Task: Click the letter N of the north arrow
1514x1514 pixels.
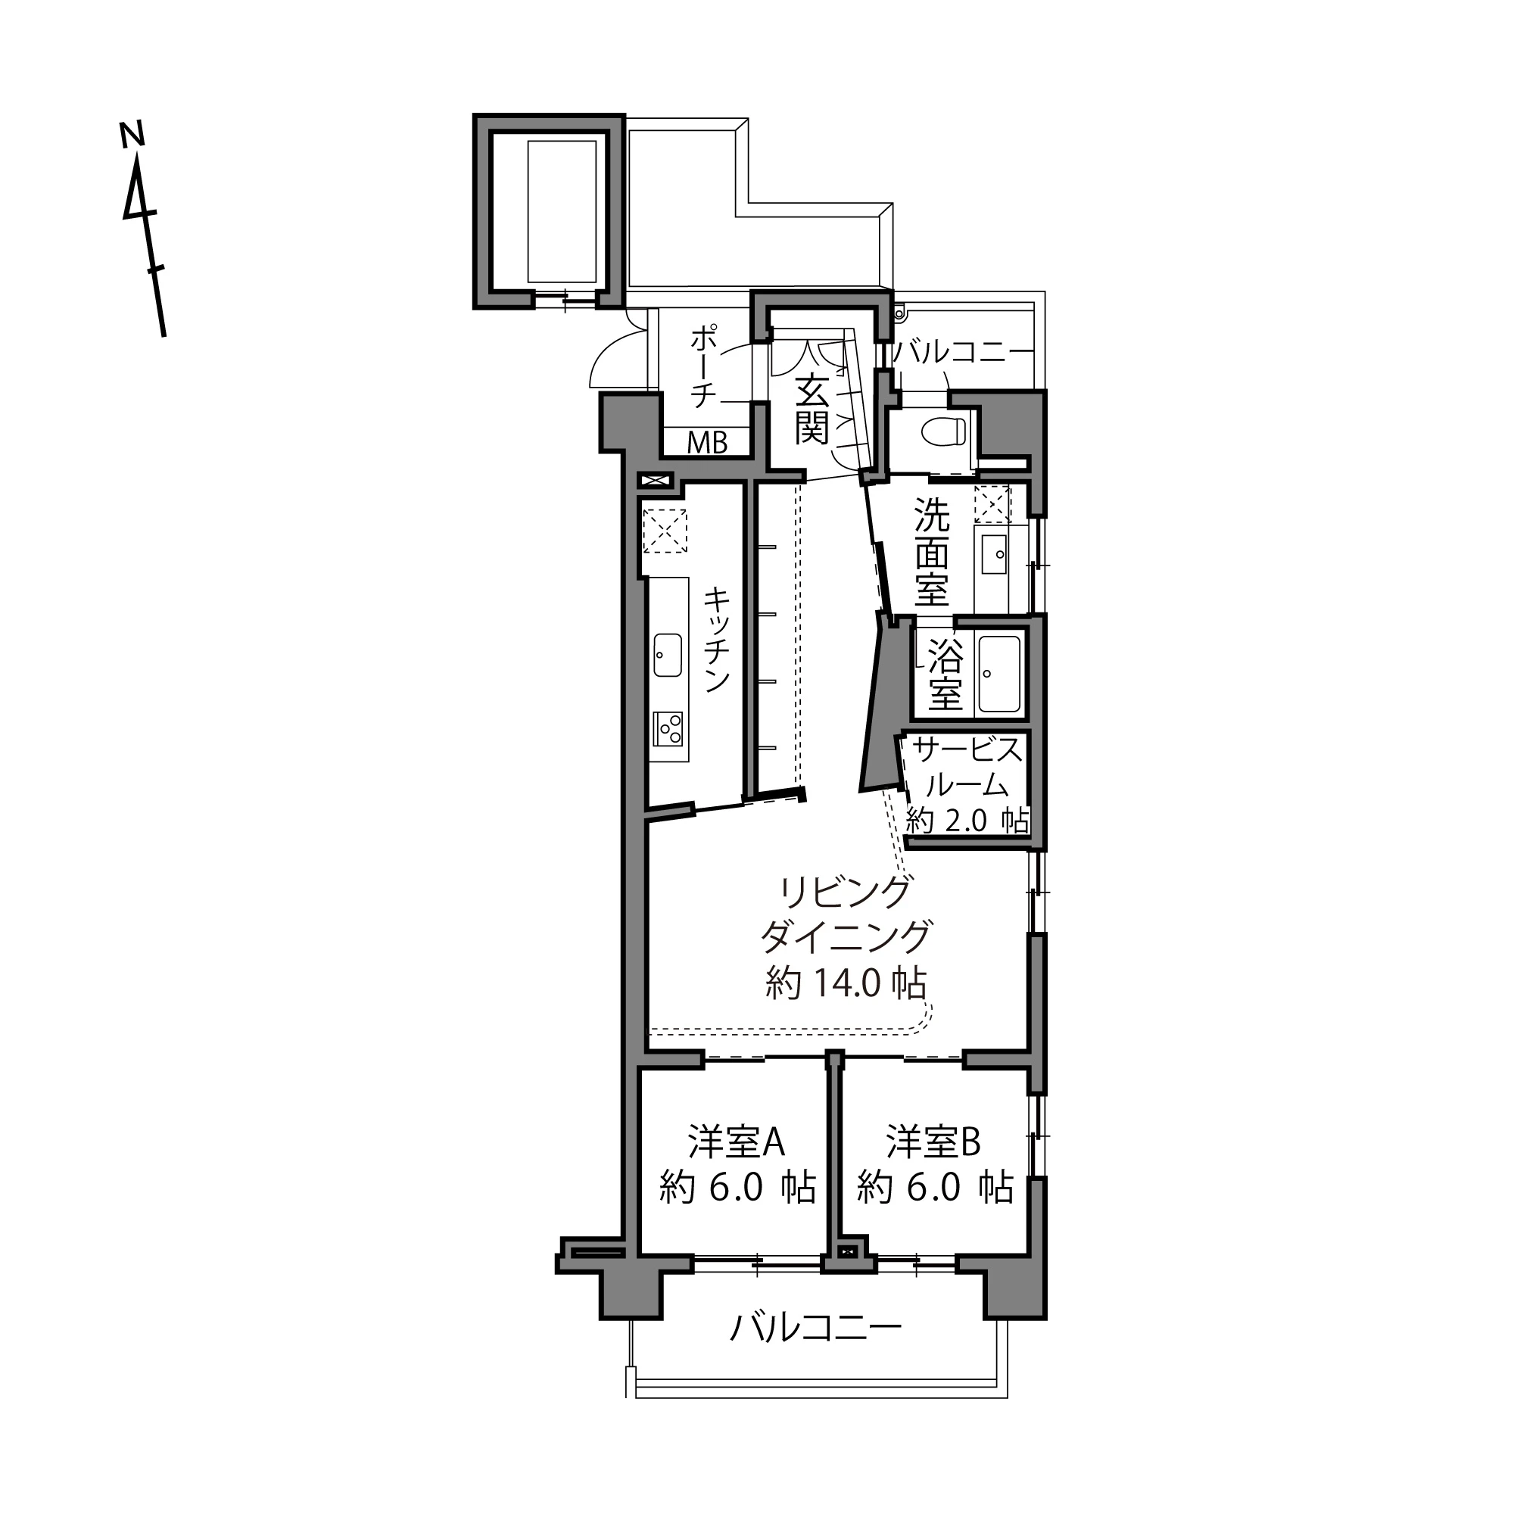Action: [132, 134]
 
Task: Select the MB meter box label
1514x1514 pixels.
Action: [707, 444]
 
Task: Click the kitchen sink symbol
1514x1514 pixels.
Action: [668, 655]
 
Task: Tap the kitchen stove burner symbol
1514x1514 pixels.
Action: [668, 729]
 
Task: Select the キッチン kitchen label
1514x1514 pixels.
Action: [716, 640]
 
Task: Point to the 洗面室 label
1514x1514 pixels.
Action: [932, 553]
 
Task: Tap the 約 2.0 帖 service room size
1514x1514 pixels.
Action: [967, 821]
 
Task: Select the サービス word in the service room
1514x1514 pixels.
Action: [969, 751]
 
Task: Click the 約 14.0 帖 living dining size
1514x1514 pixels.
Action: [846, 983]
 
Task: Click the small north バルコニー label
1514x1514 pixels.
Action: [962, 353]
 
